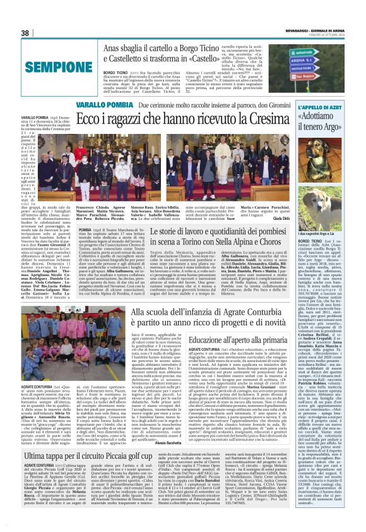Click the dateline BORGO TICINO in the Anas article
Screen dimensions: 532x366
(115, 71)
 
